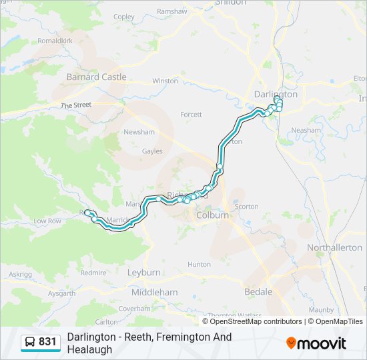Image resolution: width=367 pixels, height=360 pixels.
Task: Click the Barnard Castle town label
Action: click(x=96, y=77)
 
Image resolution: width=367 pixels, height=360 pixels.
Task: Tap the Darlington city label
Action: click(x=276, y=94)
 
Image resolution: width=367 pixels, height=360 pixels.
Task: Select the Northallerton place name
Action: click(x=334, y=247)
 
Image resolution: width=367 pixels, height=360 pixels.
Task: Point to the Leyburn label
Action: click(x=143, y=273)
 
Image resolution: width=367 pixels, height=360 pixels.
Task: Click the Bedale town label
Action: click(x=258, y=292)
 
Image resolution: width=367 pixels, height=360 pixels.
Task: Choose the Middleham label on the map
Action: click(x=154, y=292)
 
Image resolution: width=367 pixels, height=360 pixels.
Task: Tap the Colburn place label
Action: click(x=212, y=215)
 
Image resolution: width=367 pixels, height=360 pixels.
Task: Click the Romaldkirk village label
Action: click(x=55, y=41)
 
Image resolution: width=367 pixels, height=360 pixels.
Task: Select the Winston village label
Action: click(x=165, y=81)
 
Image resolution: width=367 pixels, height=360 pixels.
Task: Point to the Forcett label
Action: click(x=191, y=115)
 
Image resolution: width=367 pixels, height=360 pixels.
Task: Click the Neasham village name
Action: click(x=306, y=130)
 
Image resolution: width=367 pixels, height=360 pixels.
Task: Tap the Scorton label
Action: click(x=246, y=207)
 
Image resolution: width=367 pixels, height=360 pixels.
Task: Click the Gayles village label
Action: click(x=151, y=151)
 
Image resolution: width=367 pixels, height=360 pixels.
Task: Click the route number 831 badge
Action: click(x=47, y=342)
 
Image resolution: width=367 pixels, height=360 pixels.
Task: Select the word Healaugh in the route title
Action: click(x=89, y=349)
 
